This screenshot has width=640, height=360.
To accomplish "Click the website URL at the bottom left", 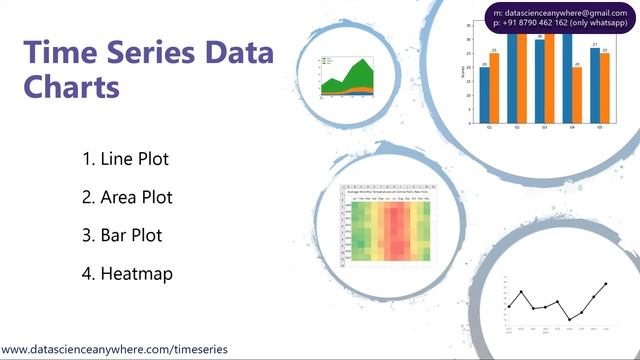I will point(114,350).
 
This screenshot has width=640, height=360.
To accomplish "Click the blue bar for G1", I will point(485,95).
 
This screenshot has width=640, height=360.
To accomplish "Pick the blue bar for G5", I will point(594,85).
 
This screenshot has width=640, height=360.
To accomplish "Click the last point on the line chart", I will point(605,285).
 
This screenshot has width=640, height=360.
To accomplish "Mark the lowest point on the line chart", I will point(569,319).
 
